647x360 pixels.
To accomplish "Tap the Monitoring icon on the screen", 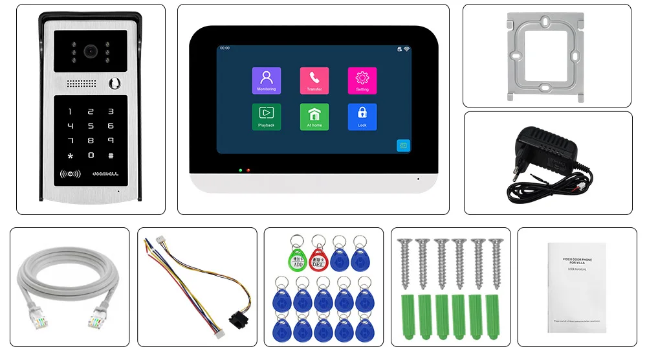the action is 266,80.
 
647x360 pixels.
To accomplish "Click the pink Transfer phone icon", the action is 314,80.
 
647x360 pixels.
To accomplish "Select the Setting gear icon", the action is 362,80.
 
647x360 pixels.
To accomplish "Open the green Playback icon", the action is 266,117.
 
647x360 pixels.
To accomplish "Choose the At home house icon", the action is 314,117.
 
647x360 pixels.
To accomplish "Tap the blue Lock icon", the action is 362,117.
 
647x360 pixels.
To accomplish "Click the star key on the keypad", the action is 71,155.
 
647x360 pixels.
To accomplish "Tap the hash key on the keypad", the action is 111,155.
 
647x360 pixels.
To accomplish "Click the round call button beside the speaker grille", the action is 117,84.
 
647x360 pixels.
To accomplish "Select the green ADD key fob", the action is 297,258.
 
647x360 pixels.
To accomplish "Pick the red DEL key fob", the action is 319,258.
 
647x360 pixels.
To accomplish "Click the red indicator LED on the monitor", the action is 248,170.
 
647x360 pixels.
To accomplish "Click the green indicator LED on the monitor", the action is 240,170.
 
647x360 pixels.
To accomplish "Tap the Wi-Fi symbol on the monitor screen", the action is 406,49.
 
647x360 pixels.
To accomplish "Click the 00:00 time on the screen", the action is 225,48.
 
